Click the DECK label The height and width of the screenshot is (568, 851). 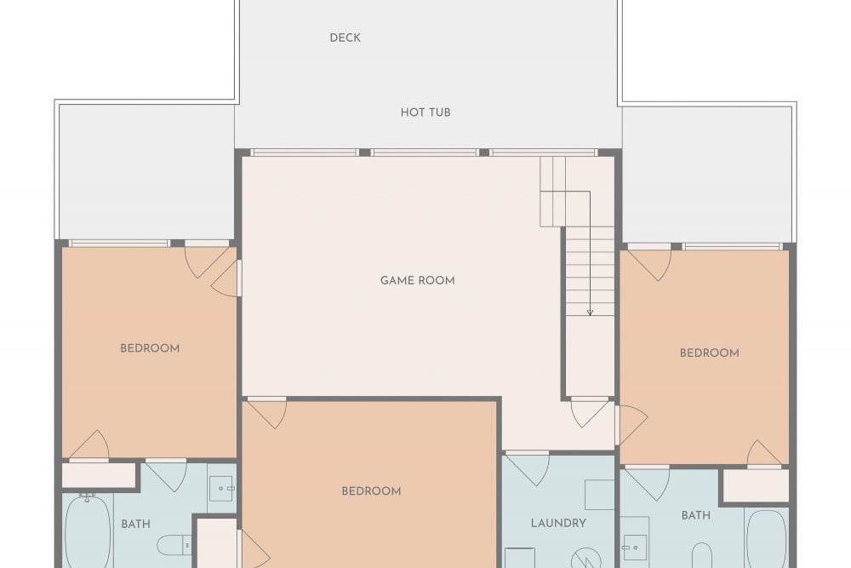point(346,38)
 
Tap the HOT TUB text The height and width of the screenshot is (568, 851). point(425,112)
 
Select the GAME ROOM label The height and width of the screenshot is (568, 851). point(417,281)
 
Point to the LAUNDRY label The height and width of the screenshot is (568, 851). point(558,523)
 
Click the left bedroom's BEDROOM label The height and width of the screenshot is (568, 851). point(150,348)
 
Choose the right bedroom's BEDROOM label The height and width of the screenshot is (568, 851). point(710,353)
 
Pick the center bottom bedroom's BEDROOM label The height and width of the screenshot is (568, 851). point(371,491)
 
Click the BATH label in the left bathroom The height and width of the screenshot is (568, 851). point(135,524)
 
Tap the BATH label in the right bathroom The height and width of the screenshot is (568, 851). point(696,515)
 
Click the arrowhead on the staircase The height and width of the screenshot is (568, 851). point(590,313)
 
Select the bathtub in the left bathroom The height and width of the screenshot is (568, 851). point(88,532)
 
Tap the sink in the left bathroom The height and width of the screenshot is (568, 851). point(221,489)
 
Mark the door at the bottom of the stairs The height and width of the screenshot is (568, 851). point(590,413)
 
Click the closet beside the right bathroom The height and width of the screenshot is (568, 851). point(756,485)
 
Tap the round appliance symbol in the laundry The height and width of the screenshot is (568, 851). point(586,558)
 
